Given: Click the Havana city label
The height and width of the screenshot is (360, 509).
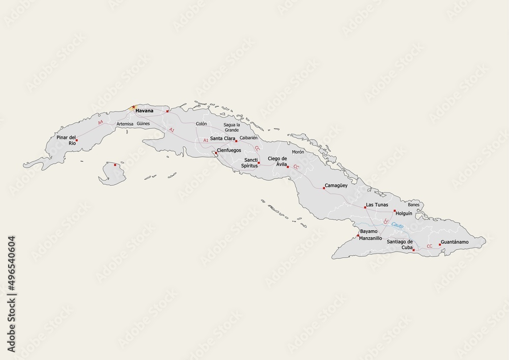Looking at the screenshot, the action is click(x=145, y=110).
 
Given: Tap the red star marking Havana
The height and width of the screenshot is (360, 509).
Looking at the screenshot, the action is click(x=133, y=107).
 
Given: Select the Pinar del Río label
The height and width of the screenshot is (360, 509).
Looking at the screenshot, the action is click(x=66, y=140).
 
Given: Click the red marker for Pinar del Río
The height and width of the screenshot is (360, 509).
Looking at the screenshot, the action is click(x=77, y=140).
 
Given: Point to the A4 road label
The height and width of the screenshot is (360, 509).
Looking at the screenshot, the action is click(x=100, y=122).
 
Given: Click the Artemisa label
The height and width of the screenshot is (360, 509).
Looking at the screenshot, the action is click(x=125, y=124).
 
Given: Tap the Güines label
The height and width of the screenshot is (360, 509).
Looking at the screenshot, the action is click(x=143, y=124).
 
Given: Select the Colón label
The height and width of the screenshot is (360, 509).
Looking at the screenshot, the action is click(x=201, y=124).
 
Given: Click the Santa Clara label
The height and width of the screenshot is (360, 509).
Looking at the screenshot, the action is click(x=222, y=139).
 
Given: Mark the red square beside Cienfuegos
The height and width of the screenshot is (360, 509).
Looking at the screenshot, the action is click(x=216, y=152).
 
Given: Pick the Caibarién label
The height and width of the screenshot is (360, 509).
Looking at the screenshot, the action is click(x=249, y=137).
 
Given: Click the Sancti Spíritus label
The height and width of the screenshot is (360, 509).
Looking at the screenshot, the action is click(x=250, y=162).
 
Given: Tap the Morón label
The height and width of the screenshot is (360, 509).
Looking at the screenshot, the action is click(x=298, y=152).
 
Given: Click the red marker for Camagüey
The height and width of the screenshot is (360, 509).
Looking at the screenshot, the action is click(x=324, y=188).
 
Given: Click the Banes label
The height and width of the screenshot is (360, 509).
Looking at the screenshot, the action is click(x=413, y=205).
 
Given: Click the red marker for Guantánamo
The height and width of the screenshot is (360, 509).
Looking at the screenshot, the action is click(x=440, y=244).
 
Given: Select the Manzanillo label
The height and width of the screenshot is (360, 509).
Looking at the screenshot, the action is click(x=370, y=238).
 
